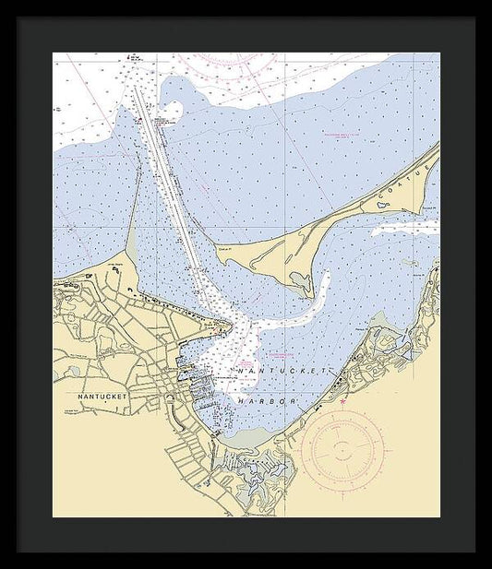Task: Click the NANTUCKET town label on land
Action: pos(102,396)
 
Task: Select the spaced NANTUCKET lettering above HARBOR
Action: pos(282,370)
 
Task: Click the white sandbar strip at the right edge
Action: pos(406,227)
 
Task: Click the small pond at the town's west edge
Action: pos(72,371)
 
